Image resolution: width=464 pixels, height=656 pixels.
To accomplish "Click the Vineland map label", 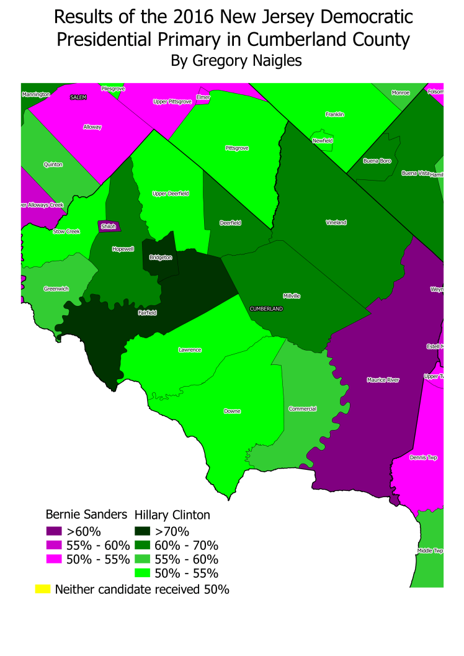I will [336, 222].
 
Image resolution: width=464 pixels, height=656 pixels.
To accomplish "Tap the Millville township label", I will [291, 296].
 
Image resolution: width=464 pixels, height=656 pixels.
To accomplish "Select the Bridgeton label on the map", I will [161, 257].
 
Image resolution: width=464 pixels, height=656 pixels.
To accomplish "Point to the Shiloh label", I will [108, 227].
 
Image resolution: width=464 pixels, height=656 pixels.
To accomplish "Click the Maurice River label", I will [383, 380].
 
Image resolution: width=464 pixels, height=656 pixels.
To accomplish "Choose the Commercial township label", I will [303, 409].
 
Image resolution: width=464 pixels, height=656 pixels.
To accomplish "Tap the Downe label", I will [232, 411].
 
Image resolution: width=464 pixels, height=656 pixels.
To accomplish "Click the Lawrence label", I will [190, 350].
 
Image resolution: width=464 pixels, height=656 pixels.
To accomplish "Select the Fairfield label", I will [147, 313].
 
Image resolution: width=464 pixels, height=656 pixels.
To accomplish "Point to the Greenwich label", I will [56, 289].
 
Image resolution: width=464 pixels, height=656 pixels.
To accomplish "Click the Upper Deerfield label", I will [171, 194].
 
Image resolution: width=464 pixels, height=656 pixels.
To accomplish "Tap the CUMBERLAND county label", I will [266, 308].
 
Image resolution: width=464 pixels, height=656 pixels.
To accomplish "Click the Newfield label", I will [323, 141].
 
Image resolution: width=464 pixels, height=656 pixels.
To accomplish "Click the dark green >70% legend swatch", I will [143, 531].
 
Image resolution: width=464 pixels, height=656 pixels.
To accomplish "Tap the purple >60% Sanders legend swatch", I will [54, 531].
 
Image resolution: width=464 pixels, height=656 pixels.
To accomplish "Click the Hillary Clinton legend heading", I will [172, 514].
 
